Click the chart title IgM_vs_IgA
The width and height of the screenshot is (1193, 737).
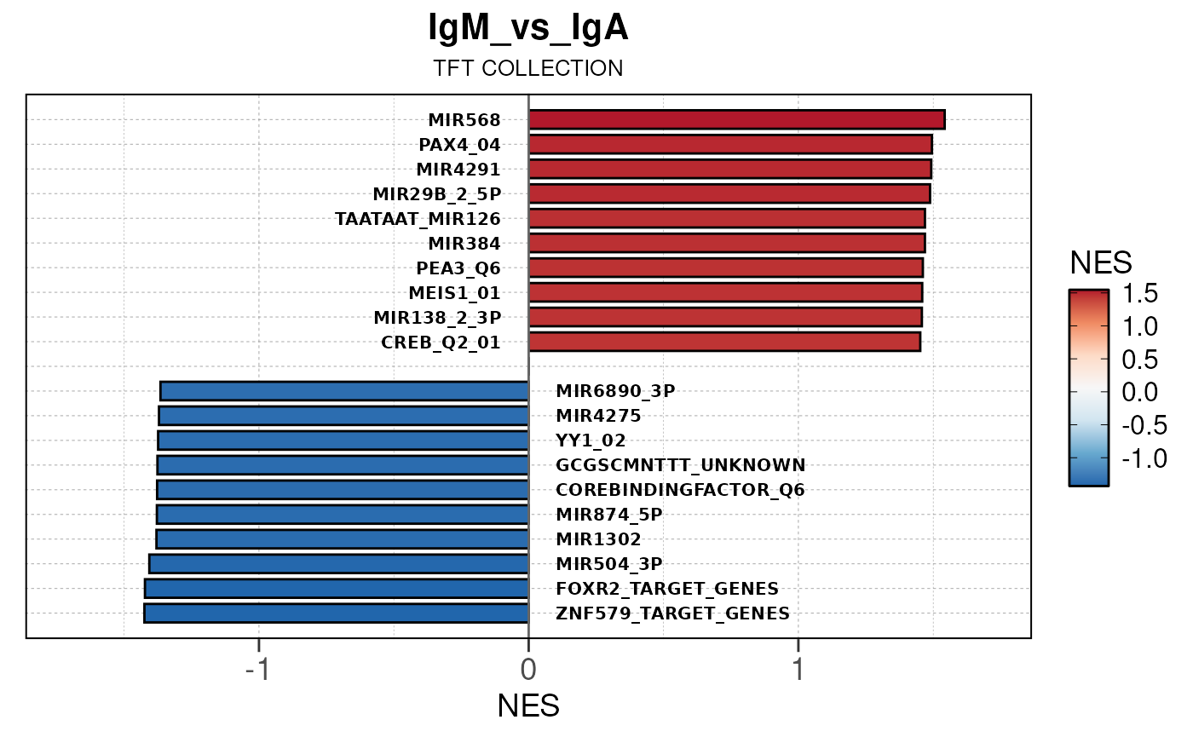pos(527,29)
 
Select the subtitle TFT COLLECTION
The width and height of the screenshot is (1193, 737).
pos(527,69)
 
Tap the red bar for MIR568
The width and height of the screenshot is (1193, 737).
pos(736,119)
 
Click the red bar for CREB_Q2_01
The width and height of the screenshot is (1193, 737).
pos(724,342)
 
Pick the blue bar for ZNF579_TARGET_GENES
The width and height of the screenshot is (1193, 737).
pos(337,613)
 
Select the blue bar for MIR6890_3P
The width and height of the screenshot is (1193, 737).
pos(344,391)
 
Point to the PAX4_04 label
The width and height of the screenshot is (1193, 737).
pos(459,144)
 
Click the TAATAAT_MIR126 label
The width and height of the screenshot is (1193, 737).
pos(418,218)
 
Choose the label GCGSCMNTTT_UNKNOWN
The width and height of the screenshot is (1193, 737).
pos(680,465)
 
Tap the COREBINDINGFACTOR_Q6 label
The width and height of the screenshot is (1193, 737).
pos(680,490)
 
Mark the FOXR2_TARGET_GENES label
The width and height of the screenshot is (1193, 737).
pos(667,589)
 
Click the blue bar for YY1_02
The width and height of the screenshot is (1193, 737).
pos(343,440)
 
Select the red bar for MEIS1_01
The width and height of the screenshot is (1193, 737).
pos(725,292)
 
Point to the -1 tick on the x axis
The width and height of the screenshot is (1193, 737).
pos(258,669)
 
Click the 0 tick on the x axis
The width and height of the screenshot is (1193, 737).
pos(528,669)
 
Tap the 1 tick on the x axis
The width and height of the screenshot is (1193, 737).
pos(798,669)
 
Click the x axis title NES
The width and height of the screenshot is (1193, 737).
pos(528,706)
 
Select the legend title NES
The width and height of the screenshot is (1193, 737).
pos(1101,262)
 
